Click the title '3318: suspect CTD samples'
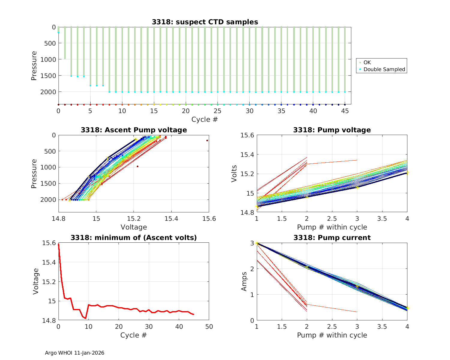205,22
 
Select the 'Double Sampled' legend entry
384,69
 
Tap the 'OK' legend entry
367,62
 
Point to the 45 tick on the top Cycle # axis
345,111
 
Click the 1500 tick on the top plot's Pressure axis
48,76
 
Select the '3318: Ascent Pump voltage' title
134,130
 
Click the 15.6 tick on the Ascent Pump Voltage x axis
209,219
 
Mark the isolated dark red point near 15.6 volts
207,140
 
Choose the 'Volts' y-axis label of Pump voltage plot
234,174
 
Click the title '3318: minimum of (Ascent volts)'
134,238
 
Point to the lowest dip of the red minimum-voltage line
86,318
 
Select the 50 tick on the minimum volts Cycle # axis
209,326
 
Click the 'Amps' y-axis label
244,281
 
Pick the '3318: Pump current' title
332,238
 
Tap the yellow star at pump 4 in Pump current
407,308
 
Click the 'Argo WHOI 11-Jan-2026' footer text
75,353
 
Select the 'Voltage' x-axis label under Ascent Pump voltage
134,227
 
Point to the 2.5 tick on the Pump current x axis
332,326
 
